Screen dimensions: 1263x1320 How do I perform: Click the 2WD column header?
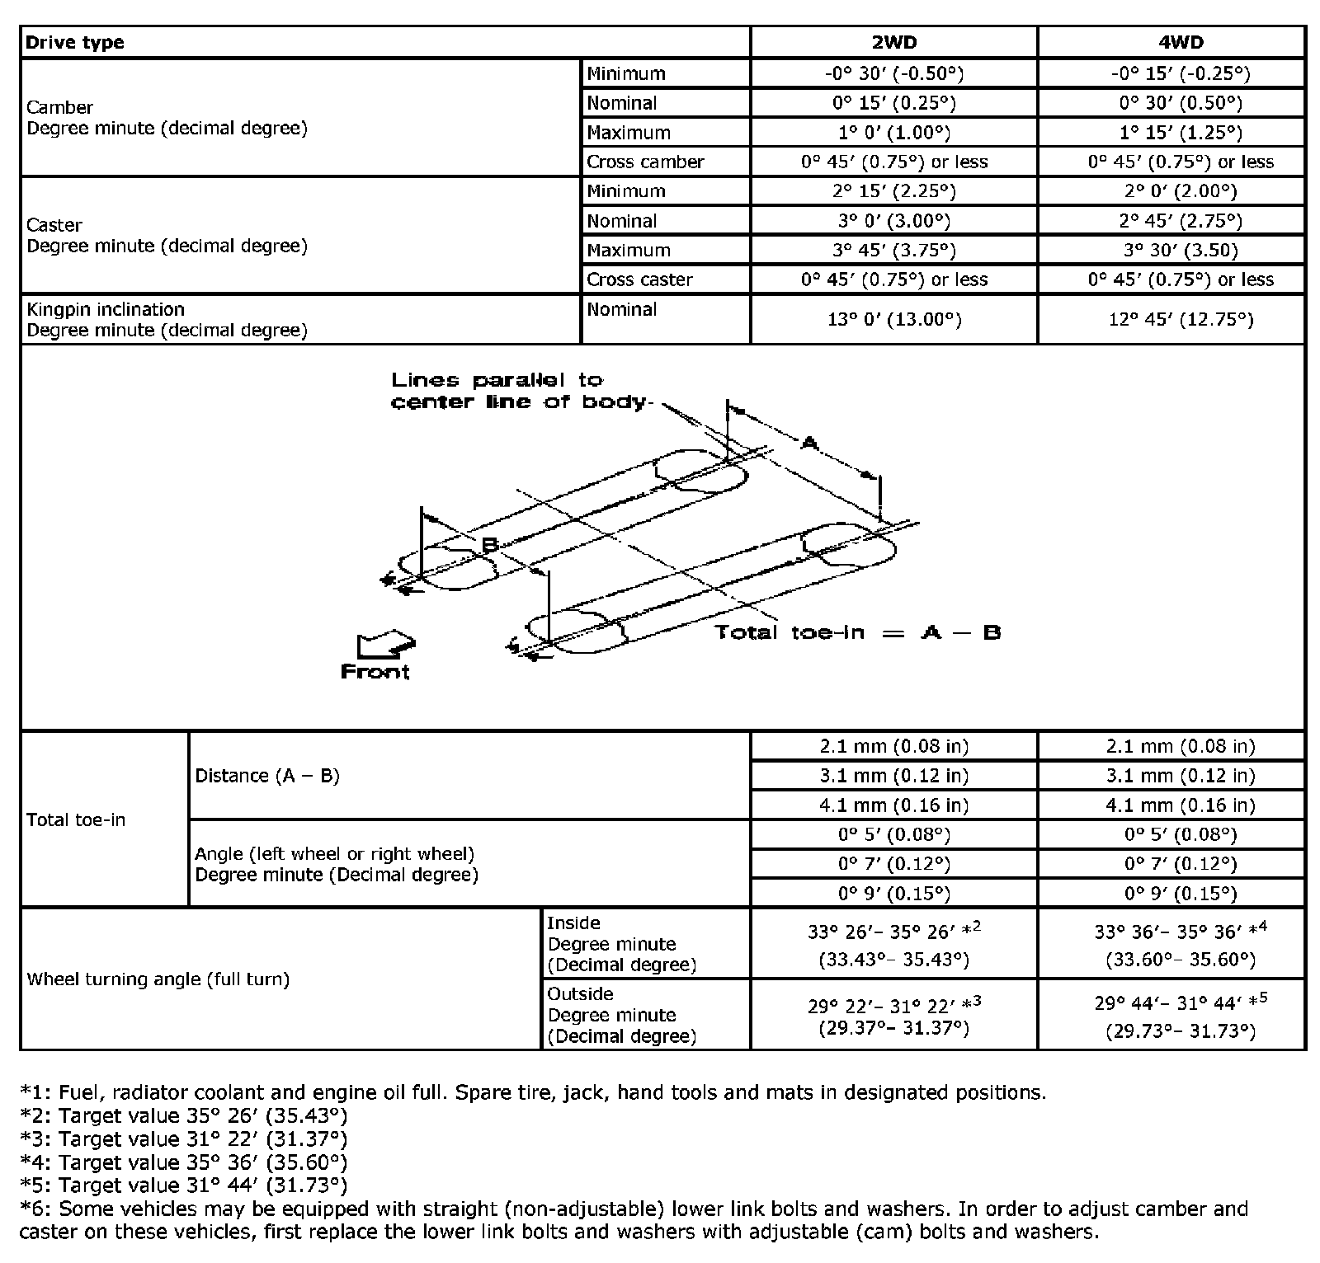point(893,42)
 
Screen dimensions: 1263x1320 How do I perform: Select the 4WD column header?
point(1180,42)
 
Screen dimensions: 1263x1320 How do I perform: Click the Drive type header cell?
point(75,43)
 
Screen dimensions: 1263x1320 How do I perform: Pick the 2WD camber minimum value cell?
point(893,73)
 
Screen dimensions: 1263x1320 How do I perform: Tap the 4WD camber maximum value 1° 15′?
point(1180,133)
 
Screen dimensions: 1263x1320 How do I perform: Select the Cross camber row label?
point(645,162)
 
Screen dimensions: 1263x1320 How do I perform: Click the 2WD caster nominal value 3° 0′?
point(893,221)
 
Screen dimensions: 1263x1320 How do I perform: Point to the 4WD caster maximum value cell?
point(1180,250)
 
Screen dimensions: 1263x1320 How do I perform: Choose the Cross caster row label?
point(639,279)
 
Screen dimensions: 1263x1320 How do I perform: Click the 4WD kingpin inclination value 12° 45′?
point(1180,319)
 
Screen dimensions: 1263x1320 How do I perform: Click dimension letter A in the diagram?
point(810,444)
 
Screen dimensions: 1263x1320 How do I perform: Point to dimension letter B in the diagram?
point(488,545)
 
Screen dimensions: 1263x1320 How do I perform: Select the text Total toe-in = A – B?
point(857,632)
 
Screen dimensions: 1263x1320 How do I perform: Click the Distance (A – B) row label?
point(267,776)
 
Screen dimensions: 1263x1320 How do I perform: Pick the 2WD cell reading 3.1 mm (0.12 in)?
point(893,776)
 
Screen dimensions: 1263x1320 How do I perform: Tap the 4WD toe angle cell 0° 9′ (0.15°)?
point(1180,894)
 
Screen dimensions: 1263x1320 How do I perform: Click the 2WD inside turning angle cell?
point(893,944)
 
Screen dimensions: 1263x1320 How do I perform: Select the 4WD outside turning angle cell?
point(1180,1015)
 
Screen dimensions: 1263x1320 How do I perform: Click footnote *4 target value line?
point(183,1162)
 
